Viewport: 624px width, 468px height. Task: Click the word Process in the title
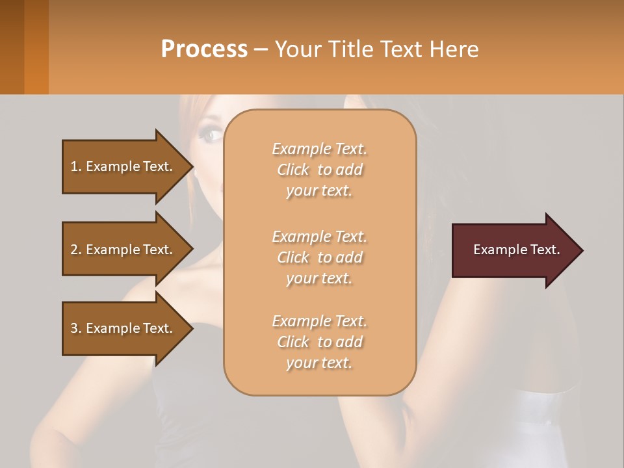pos(204,49)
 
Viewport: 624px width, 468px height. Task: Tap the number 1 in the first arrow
pos(74,166)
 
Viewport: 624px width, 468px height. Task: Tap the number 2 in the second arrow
pos(74,250)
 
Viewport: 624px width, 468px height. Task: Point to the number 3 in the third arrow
pos(74,328)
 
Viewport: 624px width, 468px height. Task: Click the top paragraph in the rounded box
pos(319,170)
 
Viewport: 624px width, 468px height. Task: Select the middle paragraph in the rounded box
pos(319,257)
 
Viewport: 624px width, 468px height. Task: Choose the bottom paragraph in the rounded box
pos(319,342)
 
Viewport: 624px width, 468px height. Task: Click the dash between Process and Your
pos(261,49)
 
